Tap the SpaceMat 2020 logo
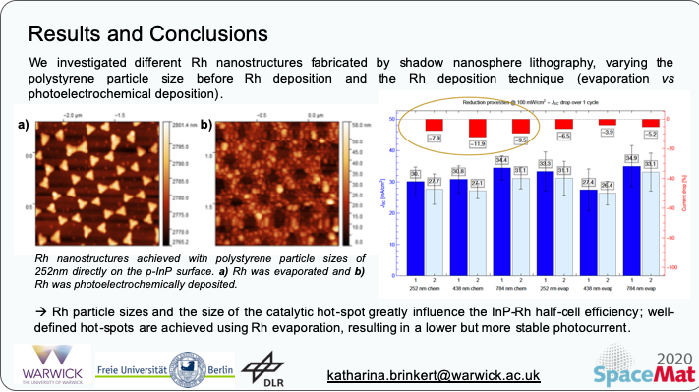pos(645,367)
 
